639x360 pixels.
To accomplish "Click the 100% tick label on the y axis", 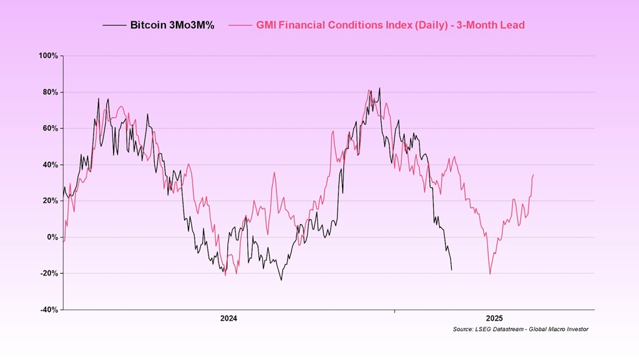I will (x=49, y=56).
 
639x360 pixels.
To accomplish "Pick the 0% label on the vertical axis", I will (x=52, y=237).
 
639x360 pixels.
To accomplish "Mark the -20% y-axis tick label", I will (x=49, y=273).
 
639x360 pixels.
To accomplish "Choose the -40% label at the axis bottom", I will (x=49, y=309).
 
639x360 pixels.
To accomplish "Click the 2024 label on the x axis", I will (x=229, y=318).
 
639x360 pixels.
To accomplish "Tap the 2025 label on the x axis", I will (x=494, y=318).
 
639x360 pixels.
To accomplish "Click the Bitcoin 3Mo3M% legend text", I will (x=172, y=26).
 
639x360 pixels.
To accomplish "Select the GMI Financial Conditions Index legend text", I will (x=391, y=26).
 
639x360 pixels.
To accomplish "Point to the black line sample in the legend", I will (x=115, y=26).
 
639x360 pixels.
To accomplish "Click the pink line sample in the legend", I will (x=240, y=26).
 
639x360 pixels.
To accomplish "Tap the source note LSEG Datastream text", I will (x=520, y=329).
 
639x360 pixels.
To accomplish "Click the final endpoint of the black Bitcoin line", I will (x=452, y=270).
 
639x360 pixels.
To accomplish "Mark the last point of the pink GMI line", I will (x=534, y=175).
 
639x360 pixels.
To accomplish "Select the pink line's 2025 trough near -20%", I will (x=490, y=274).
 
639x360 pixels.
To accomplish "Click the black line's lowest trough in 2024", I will (x=281, y=280).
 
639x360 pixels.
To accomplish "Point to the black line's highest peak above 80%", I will (x=379, y=88).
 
